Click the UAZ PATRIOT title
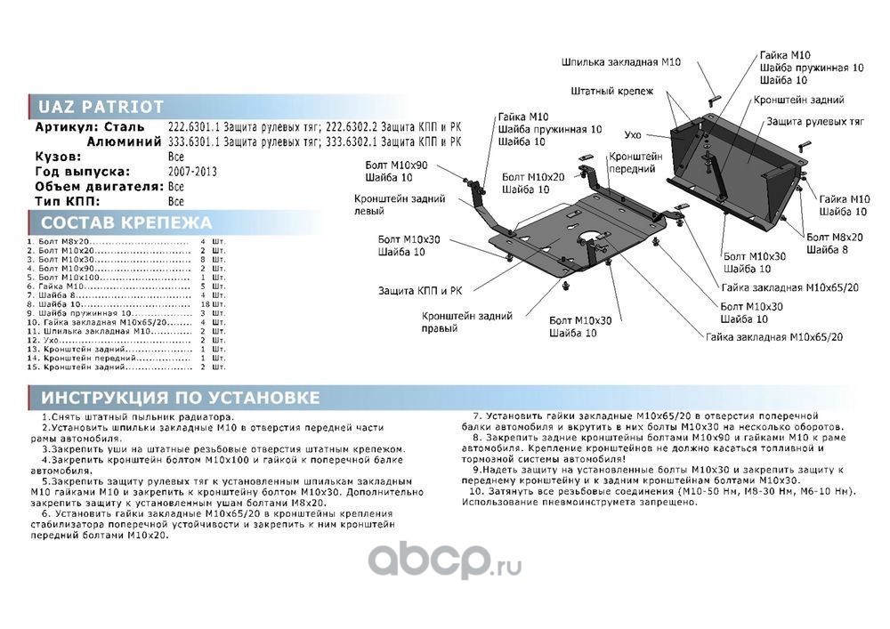point(101,107)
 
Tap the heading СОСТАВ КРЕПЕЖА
point(126,222)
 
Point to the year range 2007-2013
point(191,172)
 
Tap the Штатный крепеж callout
point(612,92)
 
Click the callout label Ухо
point(633,134)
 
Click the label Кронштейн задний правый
point(454,322)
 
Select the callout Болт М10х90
point(396,165)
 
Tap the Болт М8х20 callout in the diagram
point(835,237)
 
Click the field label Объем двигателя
point(98,187)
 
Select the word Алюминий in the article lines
point(124,141)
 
